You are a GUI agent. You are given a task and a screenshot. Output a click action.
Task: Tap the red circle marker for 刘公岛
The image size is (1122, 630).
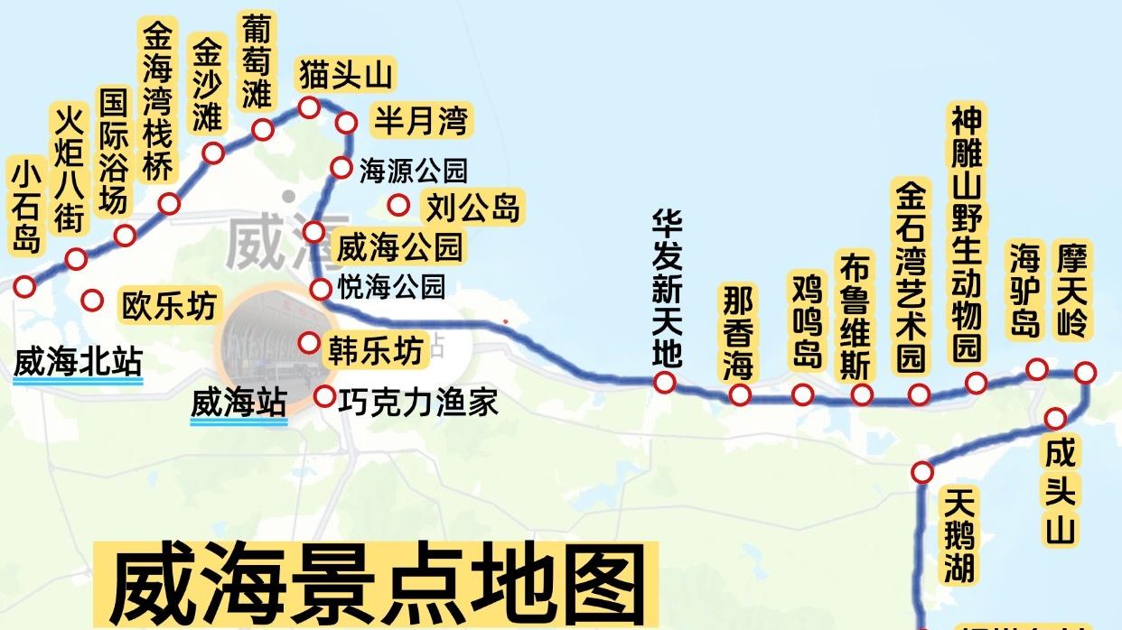pos(398,205)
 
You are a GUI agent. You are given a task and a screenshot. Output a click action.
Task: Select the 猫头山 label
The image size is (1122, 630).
pos(346,75)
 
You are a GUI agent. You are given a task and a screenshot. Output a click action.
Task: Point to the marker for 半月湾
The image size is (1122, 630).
pos(347,123)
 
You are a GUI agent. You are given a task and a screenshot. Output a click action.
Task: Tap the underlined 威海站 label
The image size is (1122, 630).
pos(238,403)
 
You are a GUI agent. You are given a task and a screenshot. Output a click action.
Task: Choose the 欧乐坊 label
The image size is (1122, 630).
pos(170,307)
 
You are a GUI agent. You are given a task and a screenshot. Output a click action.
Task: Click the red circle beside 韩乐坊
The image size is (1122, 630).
pos(309,343)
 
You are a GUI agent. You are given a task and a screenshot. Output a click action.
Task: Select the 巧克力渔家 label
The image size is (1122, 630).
pos(418,401)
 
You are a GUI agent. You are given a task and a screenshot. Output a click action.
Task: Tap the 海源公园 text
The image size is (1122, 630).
pos(413,171)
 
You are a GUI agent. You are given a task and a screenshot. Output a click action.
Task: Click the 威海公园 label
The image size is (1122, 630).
pos(398,246)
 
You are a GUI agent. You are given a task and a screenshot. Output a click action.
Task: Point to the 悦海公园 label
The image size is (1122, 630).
pos(391,287)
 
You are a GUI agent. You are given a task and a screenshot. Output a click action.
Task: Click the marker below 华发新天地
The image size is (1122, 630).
pos(665,383)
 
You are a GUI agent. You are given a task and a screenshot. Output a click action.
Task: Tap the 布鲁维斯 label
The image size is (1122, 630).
pos(856,316)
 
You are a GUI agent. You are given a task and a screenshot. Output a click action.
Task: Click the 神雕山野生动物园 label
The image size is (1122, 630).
pos(968,232)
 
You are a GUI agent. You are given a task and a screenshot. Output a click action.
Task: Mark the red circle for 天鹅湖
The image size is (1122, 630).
pos(921,471)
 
